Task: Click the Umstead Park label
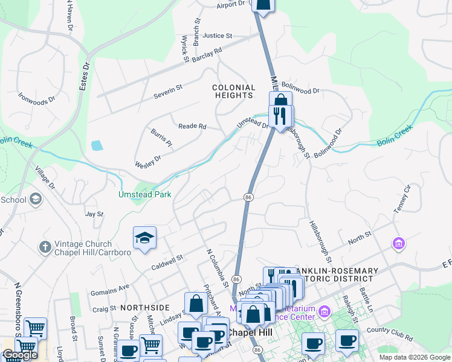tap(145, 194)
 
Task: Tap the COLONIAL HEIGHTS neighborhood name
tap(233, 91)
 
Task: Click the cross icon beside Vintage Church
tap(45, 247)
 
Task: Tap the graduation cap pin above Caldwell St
tap(145, 238)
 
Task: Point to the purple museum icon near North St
tap(398, 243)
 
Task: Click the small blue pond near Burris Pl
tap(97, 145)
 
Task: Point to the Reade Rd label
tap(192, 126)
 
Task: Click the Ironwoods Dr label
tap(36, 96)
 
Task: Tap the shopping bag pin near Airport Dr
tap(263, 5)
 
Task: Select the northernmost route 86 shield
tap(248, 197)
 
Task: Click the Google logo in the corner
tap(19, 355)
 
